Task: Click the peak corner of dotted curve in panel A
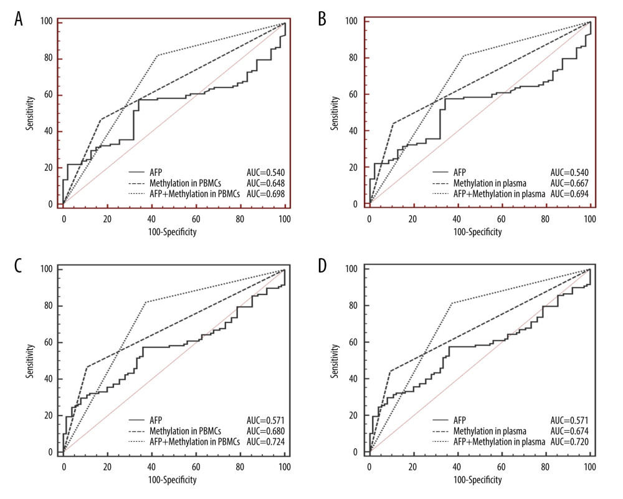158,56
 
